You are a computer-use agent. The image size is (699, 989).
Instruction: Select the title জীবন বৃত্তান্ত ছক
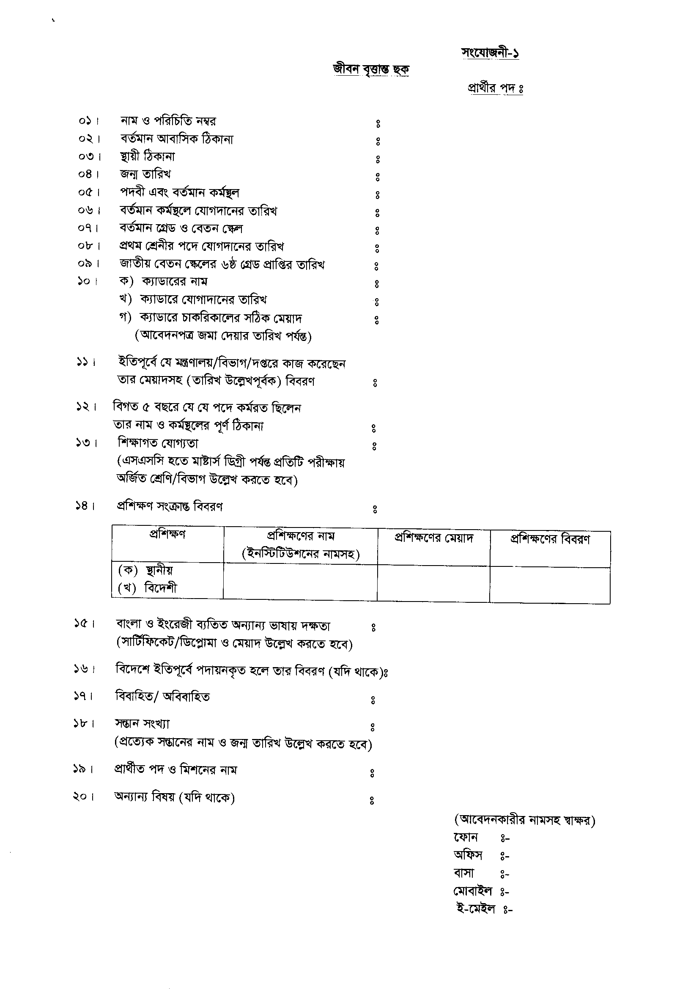click(x=371, y=70)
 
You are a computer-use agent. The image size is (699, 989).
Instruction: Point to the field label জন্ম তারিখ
click(x=145, y=174)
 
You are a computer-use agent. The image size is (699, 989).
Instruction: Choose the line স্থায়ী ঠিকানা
click(x=147, y=157)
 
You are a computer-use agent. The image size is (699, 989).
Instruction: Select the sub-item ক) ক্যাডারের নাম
click(x=163, y=282)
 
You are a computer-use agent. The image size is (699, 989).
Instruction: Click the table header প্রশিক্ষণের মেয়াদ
click(x=434, y=538)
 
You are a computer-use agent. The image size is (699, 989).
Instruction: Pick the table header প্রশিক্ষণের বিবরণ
click(x=550, y=539)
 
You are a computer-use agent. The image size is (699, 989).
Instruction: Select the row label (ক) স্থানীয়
click(x=145, y=570)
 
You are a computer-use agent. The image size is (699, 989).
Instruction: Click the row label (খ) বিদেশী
click(x=147, y=588)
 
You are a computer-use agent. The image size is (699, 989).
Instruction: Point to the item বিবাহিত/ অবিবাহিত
click(x=162, y=697)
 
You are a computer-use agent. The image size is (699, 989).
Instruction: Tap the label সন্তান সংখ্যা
click(x=142, y=724)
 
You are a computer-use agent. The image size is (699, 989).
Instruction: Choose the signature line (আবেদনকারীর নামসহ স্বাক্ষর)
click(x=525, y=820)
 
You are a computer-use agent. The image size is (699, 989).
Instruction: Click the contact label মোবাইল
click(x=472, y=891)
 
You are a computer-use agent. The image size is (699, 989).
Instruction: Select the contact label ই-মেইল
click(x=475, y=909)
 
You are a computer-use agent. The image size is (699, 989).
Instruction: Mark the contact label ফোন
click(x=466, y=838)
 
